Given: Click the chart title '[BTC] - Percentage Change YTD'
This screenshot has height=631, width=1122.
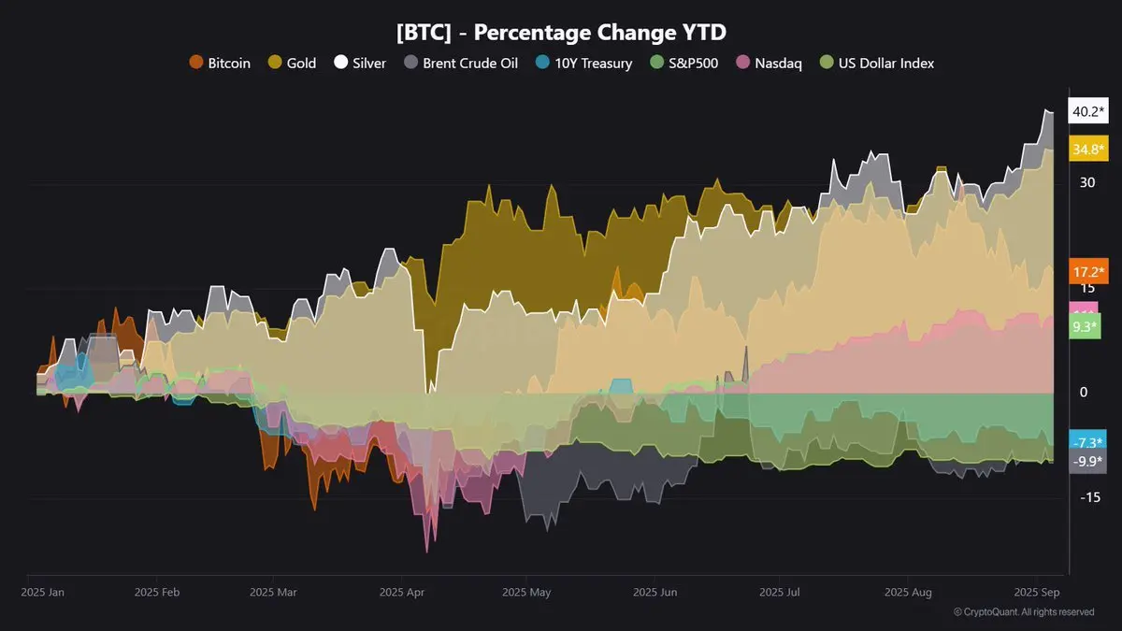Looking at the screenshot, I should click(x=561, y=32).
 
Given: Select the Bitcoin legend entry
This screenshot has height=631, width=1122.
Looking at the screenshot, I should click(x=221, y=64).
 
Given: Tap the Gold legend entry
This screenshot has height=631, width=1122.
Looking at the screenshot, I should click(x=292, y=64).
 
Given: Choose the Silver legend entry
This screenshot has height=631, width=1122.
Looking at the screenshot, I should click(x=360, y=64).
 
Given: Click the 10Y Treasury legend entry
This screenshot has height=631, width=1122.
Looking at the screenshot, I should click(x=584, y=64).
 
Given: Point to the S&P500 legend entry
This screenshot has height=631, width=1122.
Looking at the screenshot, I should click(x=683, y=64).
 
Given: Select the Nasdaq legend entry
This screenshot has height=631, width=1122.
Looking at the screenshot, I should click(x=769, y=64).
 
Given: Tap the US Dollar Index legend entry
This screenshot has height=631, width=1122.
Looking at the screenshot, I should click(x=877, y=64).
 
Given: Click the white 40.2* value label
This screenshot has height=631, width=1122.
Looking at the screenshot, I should click(x=1088, y=111).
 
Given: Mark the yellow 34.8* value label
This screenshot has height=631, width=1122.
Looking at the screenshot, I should click(x=1088, y=149).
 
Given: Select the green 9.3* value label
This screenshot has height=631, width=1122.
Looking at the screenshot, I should click(x=1086, y=327).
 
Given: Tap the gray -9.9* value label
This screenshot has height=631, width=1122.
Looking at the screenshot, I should click(x=1087, y=461).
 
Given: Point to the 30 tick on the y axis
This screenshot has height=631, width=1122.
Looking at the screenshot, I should click(x=1087, y=182).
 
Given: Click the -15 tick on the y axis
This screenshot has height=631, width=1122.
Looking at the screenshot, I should click(x=1088, y=497).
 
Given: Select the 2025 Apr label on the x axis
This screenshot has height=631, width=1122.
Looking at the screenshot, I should click(x=403, y=592).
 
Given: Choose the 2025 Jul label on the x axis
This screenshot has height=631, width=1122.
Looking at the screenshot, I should click(x=780, y=592).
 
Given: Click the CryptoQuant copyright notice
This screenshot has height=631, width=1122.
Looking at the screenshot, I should click(x=1024, y=612).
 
